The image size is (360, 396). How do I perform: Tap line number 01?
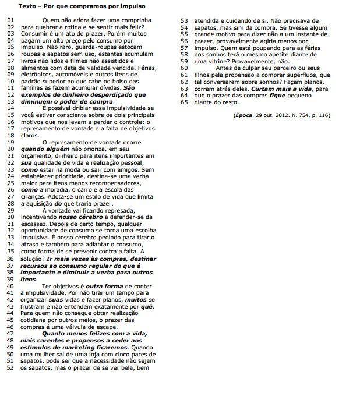(x=10, y=20)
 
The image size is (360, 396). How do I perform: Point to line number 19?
(x=10, y=142)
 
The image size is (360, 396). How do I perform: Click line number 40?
(x=10, y=286)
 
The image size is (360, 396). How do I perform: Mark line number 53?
(x=185, y=20)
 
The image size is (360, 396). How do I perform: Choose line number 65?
(x=185, y=102)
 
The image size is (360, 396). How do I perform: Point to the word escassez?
(x=34, y=224)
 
